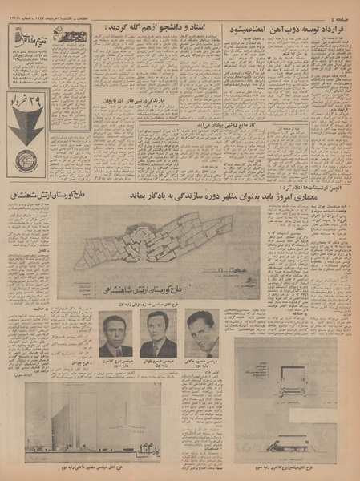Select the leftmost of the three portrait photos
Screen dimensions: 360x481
point(116,333)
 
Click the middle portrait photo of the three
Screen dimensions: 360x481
point(157,333)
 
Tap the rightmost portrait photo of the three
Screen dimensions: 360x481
point(201,333)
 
